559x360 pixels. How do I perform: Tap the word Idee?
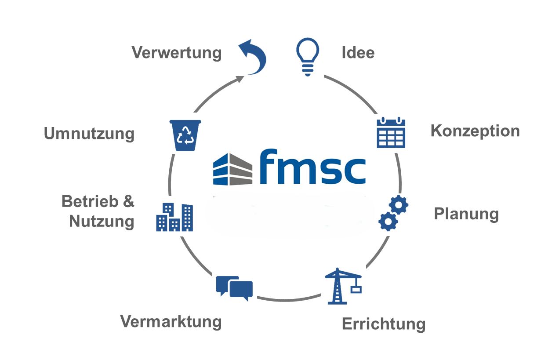358,53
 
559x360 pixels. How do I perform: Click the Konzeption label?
475,131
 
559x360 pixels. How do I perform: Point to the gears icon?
393,213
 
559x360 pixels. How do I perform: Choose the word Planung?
466,214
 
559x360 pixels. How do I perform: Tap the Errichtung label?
384,324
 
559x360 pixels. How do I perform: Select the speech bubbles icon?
234,288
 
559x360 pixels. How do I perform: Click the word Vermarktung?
171,321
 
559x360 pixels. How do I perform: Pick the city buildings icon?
174,217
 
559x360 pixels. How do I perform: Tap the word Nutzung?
102,221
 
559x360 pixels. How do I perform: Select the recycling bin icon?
185,135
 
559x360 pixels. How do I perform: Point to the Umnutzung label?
89,134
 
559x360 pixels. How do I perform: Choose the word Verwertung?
177,53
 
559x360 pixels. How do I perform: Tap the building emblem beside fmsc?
233,169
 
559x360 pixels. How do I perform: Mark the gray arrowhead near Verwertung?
240,79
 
